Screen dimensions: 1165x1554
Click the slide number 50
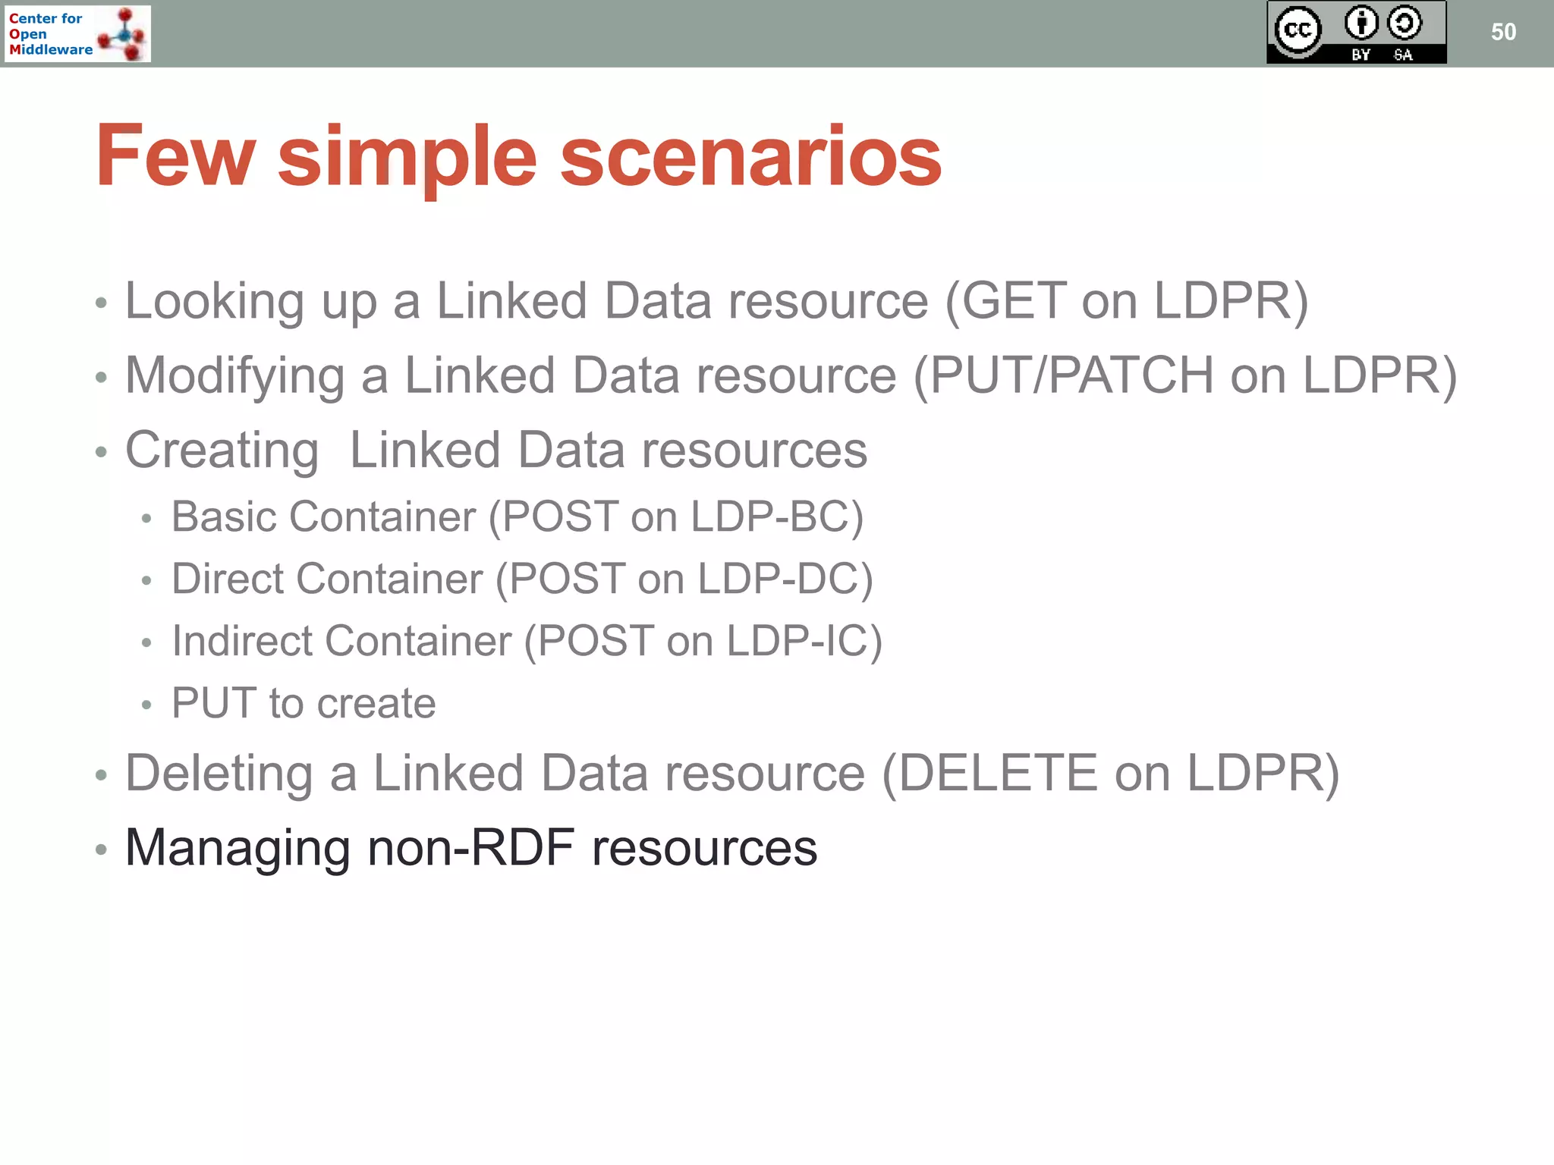[x=1503, y=32]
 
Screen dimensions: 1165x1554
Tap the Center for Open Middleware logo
[x=77, y=33]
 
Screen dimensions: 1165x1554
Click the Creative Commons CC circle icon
[x=1298, y=30]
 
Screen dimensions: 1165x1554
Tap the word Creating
[x=222, y=451]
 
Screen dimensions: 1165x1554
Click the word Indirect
[x=242, y=642]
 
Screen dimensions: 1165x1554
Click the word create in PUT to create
[x=376, y=704]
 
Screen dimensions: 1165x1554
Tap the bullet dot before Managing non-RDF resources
[x=101, y=849]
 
